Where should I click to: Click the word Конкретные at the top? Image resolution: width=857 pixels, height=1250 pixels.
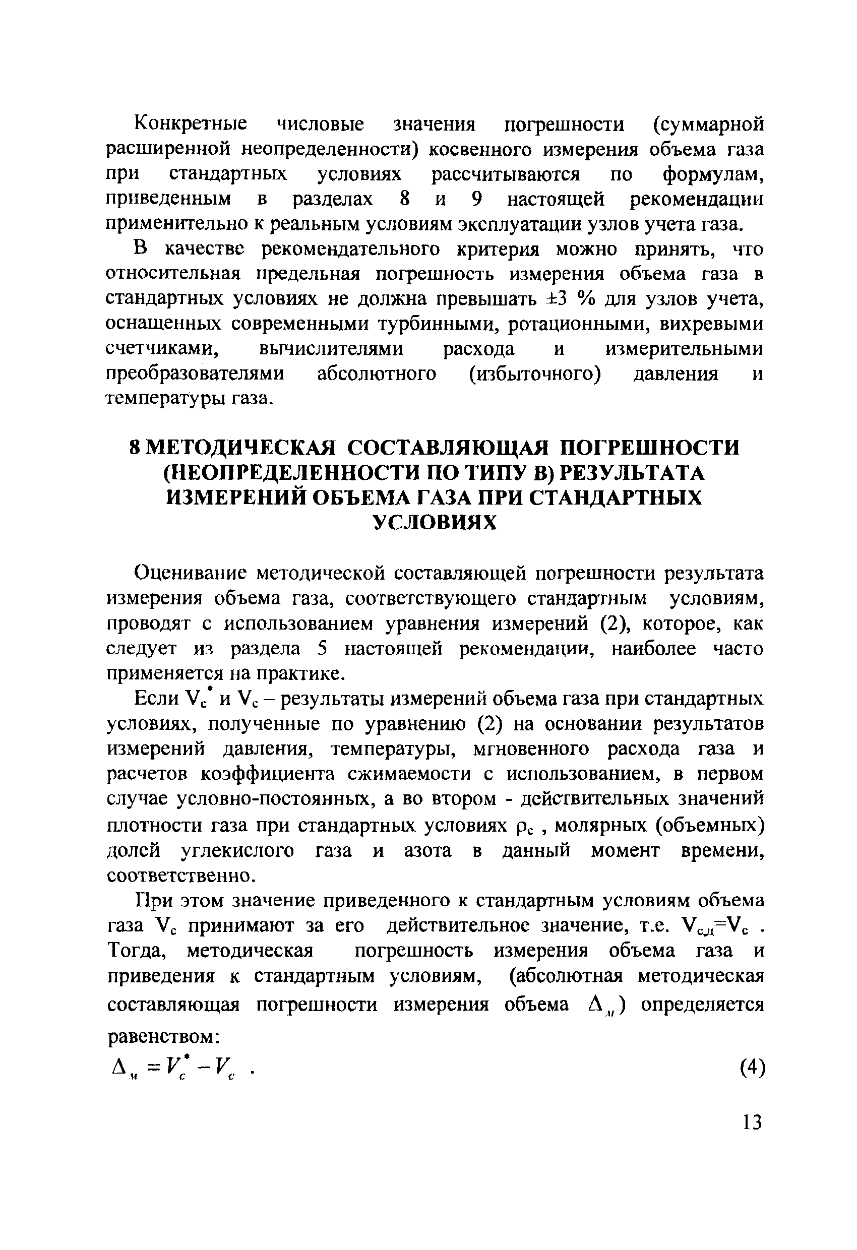point(191,124)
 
